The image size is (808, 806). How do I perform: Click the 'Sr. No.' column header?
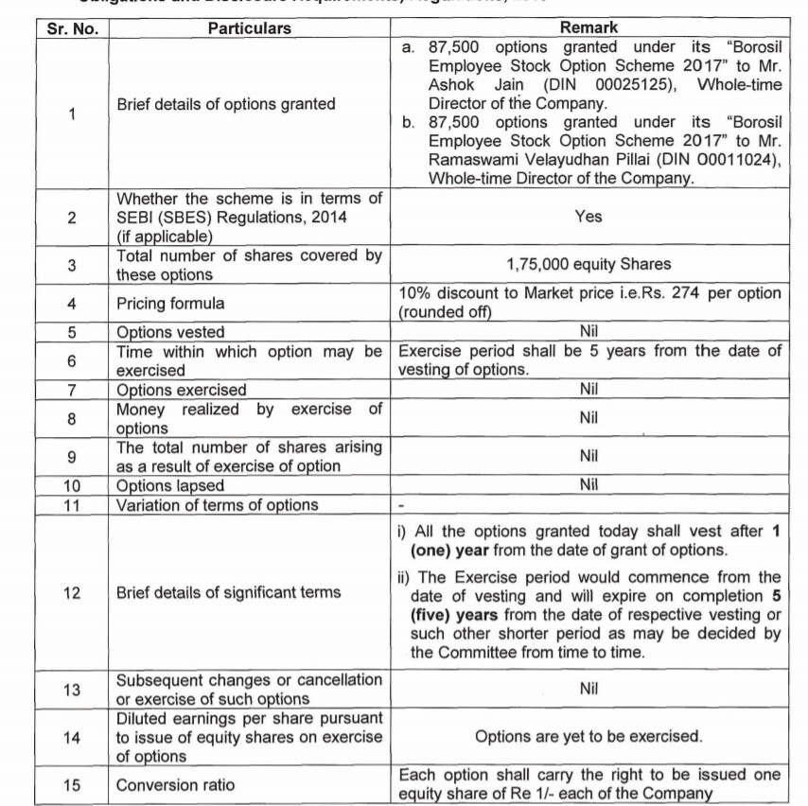(x=73, y=28)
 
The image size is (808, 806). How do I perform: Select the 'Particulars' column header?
(x=250, y=28)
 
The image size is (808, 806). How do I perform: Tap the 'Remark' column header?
(x=588, y=28)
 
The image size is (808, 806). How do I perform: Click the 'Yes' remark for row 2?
(x=588, y=217)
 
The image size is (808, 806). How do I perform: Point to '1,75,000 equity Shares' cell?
(x=588, y=266)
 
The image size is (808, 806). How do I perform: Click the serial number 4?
(x=73, y=304)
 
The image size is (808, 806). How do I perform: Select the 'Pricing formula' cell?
(x=171, y=304)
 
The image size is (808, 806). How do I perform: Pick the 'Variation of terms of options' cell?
(x=218, y=505)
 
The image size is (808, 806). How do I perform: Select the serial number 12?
(x=73, y=593)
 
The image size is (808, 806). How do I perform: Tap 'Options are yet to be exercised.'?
(x=588, y=737)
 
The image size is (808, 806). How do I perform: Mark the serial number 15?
(x=73, y=785)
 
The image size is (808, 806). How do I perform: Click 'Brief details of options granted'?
(x=226, y=104)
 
